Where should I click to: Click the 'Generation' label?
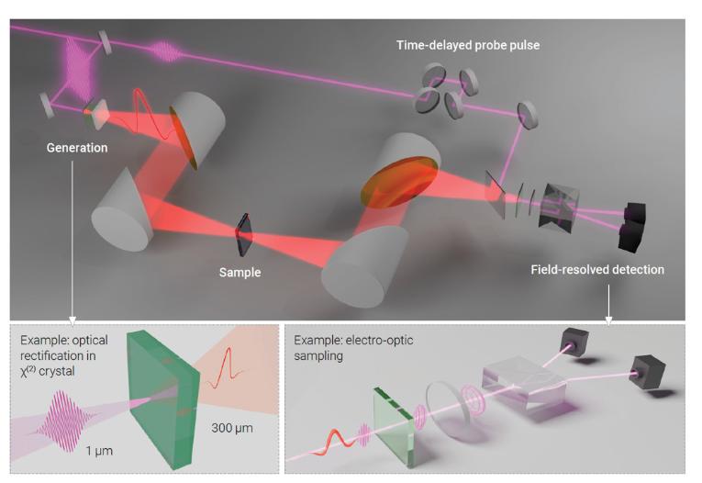tap(77, 148)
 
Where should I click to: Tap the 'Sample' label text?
tap(240, 273)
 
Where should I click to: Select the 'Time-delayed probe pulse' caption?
tap(468, 45)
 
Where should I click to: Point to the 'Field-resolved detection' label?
tap(597, 270)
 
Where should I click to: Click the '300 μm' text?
tap(232, 428)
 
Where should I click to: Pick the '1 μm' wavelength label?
tap(99, 450)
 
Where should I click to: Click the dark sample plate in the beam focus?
tap(243, 234)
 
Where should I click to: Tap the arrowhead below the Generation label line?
tap(72, 320)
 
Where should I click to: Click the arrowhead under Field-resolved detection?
tap(608, 320)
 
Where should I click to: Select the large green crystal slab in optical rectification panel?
tap(162, 399)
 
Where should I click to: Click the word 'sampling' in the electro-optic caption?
tap(318, 355)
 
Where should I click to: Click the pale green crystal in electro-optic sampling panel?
tap(393, 427)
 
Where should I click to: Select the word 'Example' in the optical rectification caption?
tap(41, 341)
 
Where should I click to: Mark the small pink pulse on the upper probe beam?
tap(166, 51)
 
